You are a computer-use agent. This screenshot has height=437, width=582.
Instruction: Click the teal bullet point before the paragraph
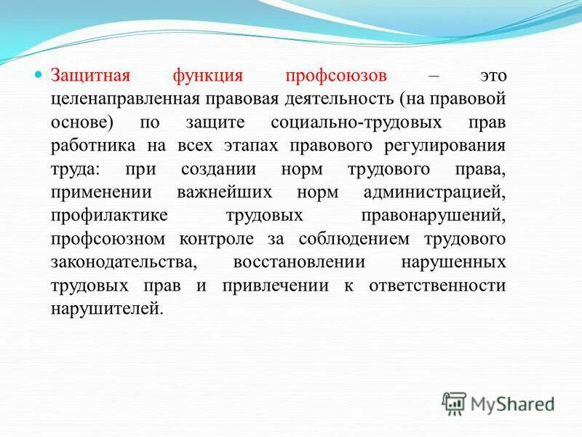tap(41, 76)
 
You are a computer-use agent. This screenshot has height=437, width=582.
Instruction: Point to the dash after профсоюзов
tap(434, 76)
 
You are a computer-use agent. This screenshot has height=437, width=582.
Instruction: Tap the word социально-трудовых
tap(364, 122)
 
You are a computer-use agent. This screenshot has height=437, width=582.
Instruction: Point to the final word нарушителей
tap(104, 309)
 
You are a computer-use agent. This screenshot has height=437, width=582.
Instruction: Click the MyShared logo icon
tap(455, 403)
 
